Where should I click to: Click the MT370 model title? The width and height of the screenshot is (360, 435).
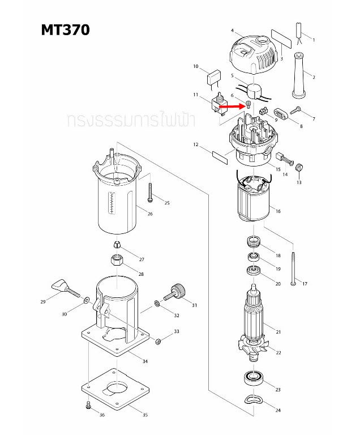coord(65,29)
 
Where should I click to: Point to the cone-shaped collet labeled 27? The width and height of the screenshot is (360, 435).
coord(116,245)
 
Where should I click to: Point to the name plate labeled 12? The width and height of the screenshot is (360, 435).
coord(220,156)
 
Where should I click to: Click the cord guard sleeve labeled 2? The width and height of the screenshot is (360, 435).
coord(298,74)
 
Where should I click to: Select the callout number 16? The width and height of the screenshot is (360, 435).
coord(277,211)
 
